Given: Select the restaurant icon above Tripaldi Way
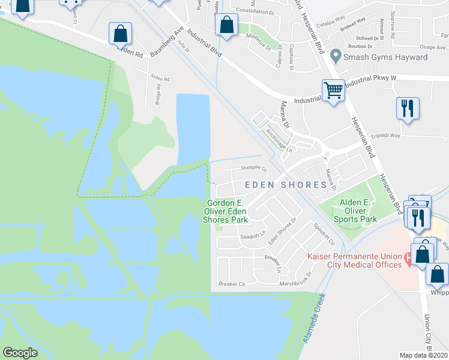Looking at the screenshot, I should pyautogui.click(x=407, y=109).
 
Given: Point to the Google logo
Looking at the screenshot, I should pyautogui.click(x=20, y=353).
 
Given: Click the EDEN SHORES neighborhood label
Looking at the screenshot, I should pyautogui.click(x=285, y=185).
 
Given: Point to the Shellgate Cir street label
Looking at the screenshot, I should pyautogui.click(x=253, y=169).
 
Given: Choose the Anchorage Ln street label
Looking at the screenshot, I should pyautogui.click(x=278, y=139).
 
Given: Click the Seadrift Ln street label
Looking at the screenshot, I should pyautogui.click(x=253, y=237).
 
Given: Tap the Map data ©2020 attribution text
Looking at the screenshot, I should pyautogui.click(x=424, y=355).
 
